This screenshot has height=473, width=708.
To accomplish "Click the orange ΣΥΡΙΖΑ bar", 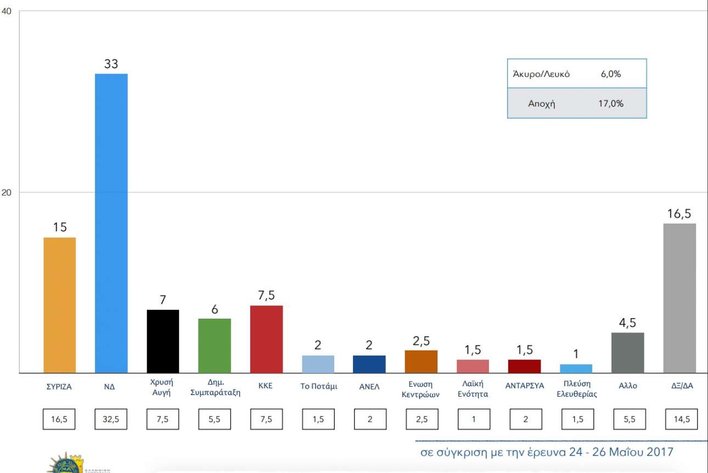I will pyautogui.click(x=59, y=305).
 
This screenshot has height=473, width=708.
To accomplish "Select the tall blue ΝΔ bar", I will pyautogui.click(x=111, y=223).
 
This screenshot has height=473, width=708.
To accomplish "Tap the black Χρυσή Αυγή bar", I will pyautogui.click(x=163, y=341).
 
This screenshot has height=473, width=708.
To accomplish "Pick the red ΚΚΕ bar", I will pyautogui.click(x=266, y=339).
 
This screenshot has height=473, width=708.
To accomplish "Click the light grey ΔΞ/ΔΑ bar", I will pyautogui.click(x=679, y=298).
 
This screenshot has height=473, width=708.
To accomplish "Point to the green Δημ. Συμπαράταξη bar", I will pyautogui.click(x=215, y=346).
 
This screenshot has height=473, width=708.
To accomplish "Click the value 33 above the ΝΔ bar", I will pyautogui.click(x=111, y=64).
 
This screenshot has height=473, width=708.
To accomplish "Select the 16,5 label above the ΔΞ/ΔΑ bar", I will pyautogui.click(x=679, y=214).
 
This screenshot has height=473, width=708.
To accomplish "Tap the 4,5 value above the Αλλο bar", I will pyautogui.click(x=627, y=323).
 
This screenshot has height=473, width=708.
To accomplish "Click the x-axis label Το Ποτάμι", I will pyautogui.click(x=318, y=386).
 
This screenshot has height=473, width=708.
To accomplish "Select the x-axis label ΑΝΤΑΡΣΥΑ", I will pyautogui.click(x=525, y=386).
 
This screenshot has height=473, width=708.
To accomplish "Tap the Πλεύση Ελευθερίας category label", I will pyautogui.click(x=576, y=389).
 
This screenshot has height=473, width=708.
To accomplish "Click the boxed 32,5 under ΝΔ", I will pyautogui.click(x=111, y=420).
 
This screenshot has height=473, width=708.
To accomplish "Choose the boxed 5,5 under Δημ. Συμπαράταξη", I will pyautogui.click(x=215, y=420).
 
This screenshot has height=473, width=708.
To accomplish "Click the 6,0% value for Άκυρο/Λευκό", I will pyautogui.click(x=611, y=74).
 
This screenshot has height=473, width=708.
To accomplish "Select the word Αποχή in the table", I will pyautogui.click(x=541, y=103).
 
